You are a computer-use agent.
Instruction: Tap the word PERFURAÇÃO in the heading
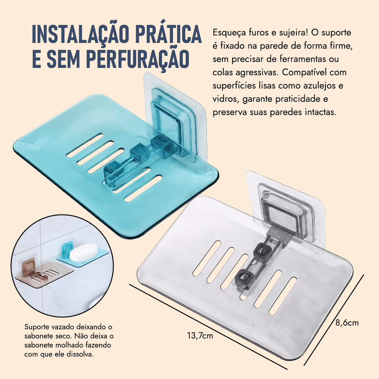pyautogui.click(x=138, y=58)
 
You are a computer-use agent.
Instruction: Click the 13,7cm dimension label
pyautogui.click(x=200, y=336)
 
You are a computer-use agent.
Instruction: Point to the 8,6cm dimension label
pyautogui.click(x=347, y=323)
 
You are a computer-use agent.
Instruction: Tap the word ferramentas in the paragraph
pyautogui.click(x=303, y=59)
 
